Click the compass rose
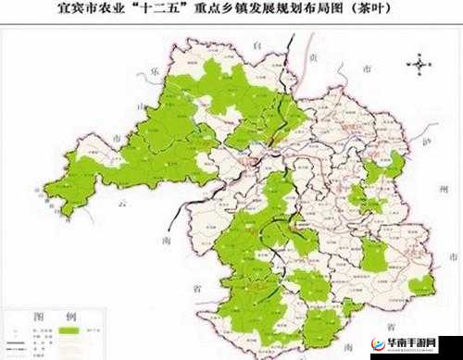click(420, 64)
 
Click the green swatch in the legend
click(67, 329)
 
